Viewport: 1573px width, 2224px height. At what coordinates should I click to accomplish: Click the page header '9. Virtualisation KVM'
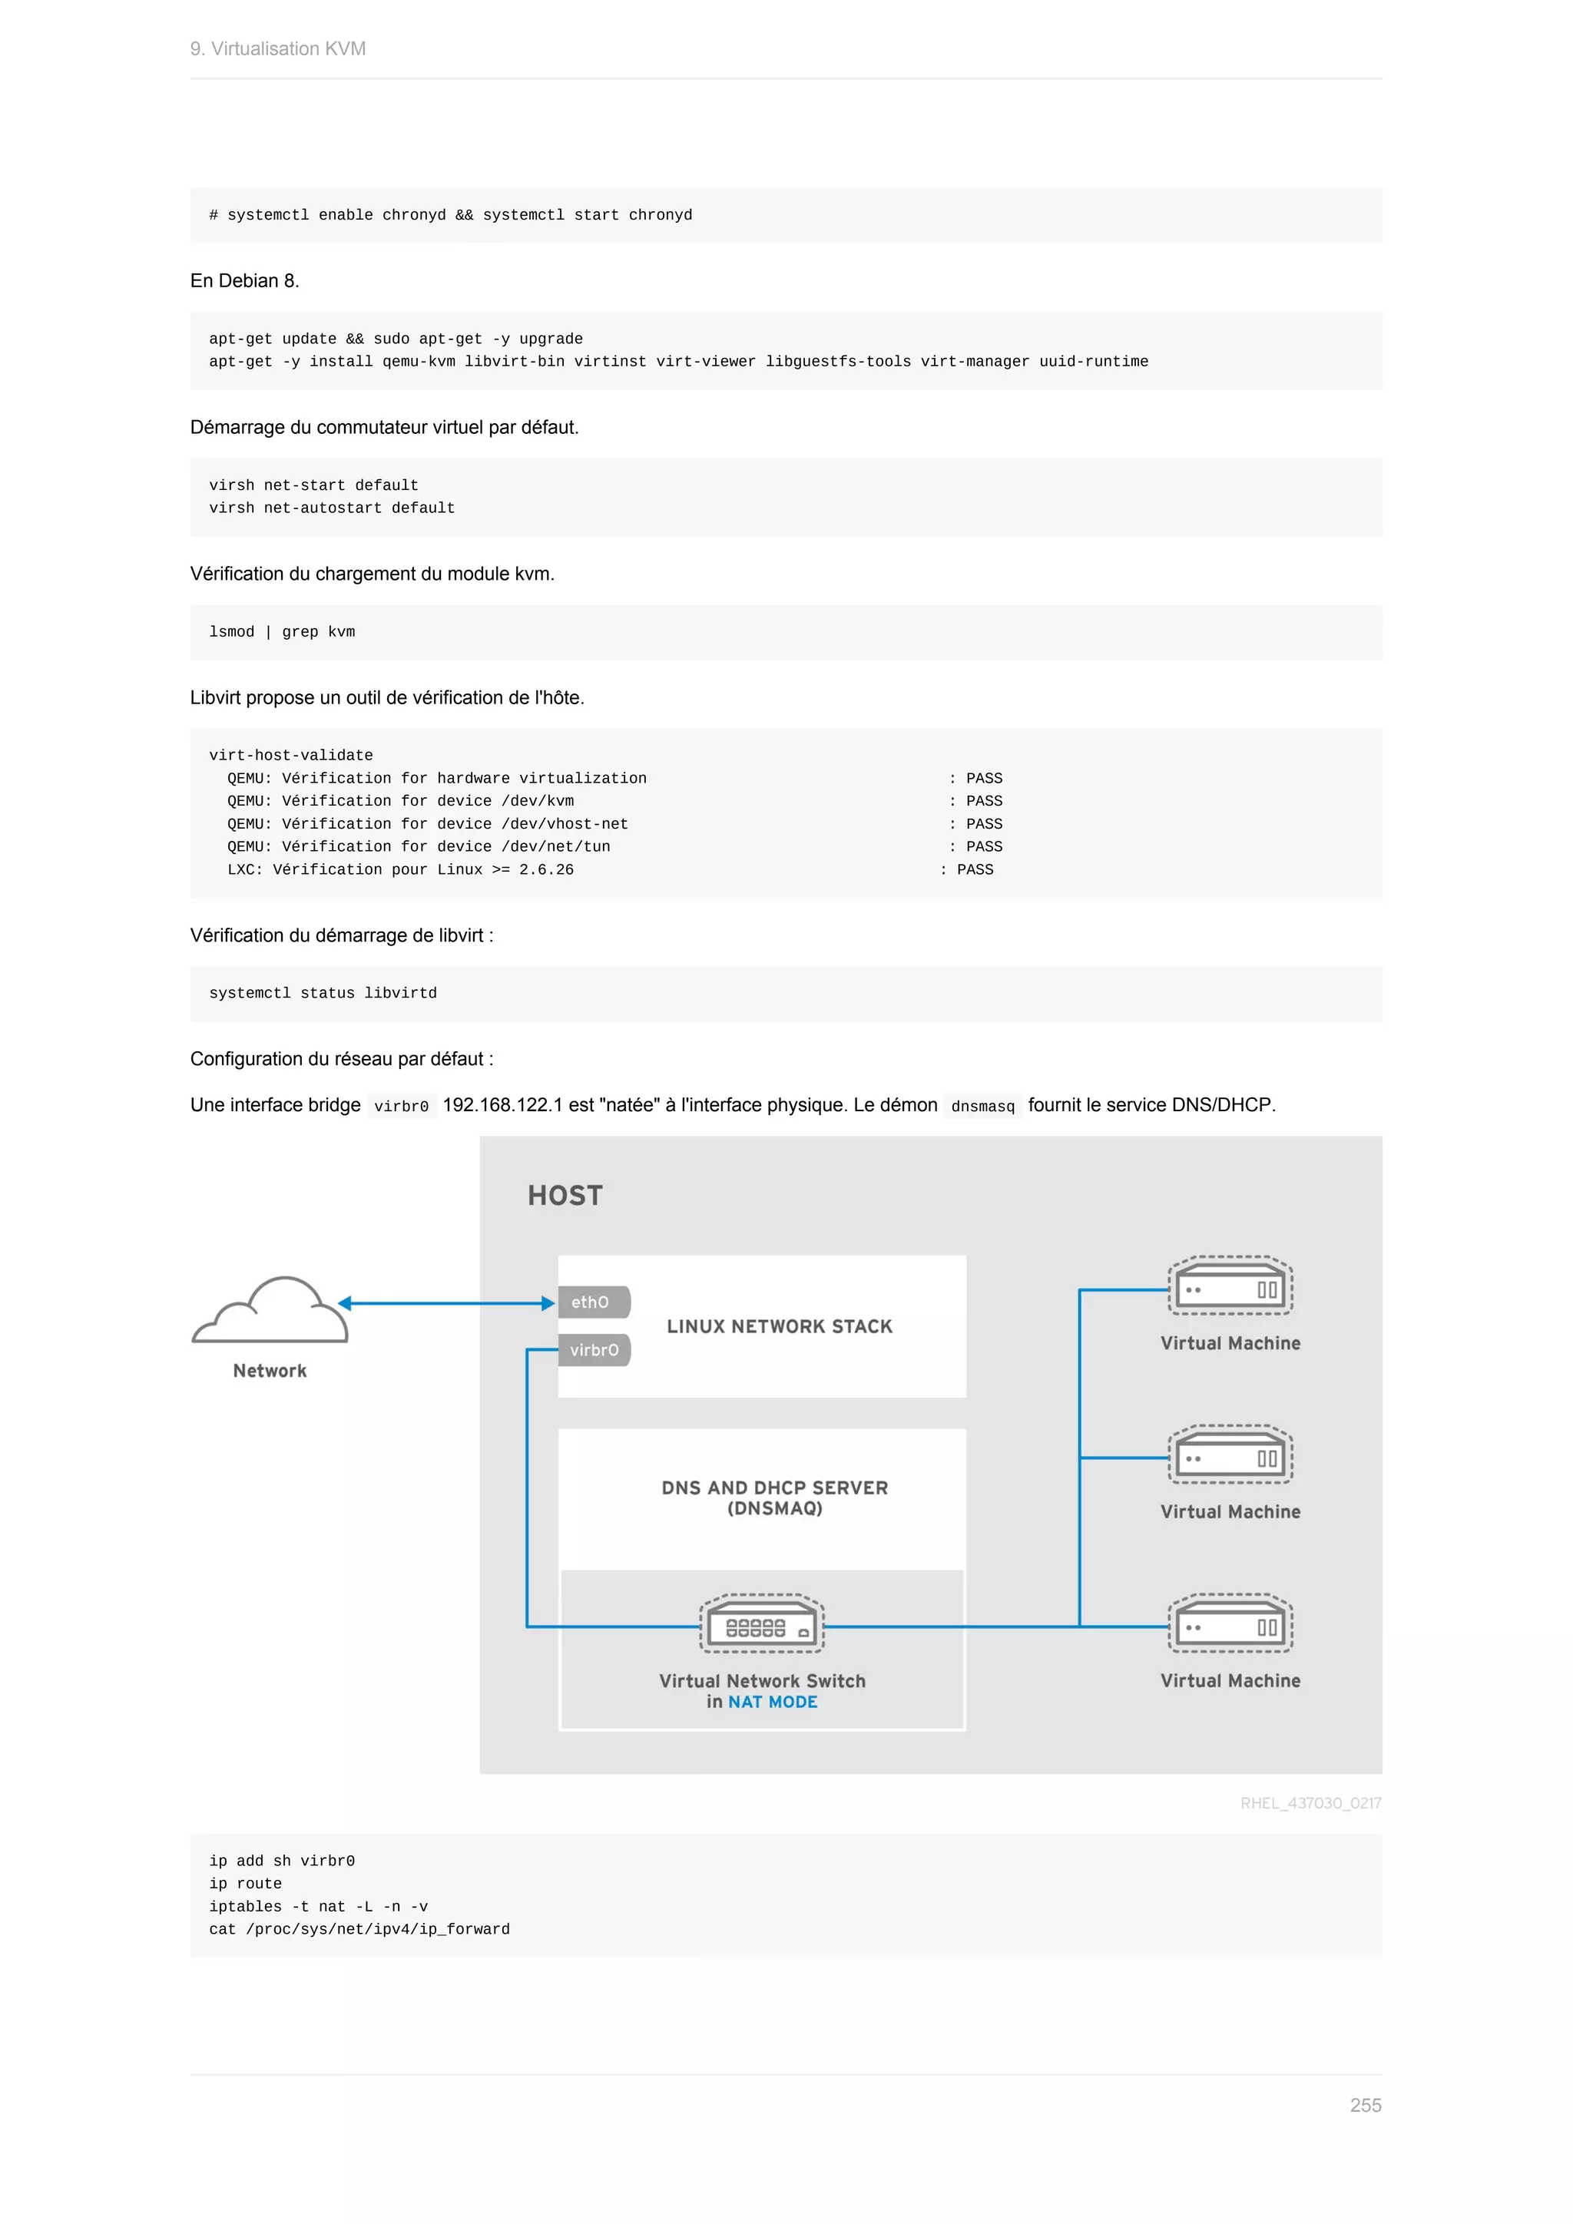[x=278, y=49]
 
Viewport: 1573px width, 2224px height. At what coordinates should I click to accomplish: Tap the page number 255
[x=1365, y=2105]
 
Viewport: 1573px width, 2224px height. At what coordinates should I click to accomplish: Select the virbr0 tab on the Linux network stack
[x=594, y=1349]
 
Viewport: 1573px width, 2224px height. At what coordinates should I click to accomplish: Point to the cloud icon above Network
[x=270, y=1309]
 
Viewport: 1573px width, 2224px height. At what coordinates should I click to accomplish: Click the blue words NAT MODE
[x=772, y=1702]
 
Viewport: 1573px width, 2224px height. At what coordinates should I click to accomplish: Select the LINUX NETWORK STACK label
[x=779, y=1326]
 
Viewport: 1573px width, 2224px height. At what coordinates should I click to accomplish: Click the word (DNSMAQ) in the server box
[x=774, y=1508]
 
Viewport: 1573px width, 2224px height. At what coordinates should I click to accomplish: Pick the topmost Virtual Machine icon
[x=1230, y=1286]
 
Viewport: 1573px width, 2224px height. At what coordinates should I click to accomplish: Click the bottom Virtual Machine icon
[x=1230, y=1624]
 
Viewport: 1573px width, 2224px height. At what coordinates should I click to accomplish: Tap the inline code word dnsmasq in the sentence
[x=982, y=1106]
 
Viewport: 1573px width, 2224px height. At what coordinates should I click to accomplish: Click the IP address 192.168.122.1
[x=502, y=1105]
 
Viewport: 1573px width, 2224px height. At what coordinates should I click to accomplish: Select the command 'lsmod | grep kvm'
[x=282, y=631]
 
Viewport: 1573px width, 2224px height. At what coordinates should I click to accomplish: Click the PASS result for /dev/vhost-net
[x=983, y=823]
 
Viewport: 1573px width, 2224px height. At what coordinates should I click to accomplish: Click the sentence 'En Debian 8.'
[x=245, y=281]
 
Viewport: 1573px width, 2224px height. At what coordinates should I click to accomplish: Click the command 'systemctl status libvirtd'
[x=323, y=993]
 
